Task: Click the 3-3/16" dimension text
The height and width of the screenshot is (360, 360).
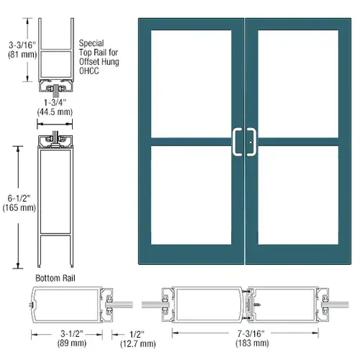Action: tap(22, 45)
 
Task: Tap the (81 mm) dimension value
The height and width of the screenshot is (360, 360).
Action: tap(22, 55)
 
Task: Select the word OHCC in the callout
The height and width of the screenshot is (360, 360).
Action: tap(89, 71)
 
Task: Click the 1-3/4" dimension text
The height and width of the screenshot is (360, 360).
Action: tap(55, 102)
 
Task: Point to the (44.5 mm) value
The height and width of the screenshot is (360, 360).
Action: tap(55, 112)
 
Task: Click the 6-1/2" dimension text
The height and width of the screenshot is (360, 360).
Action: tap(19, 198)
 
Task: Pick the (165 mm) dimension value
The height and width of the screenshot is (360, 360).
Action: tap(19, 207)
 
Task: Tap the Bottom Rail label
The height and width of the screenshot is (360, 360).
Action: tap(55, 278)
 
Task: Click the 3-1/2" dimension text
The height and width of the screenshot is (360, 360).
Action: tap(71, 333)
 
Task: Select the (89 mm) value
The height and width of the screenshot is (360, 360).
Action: tap(71, 343)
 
